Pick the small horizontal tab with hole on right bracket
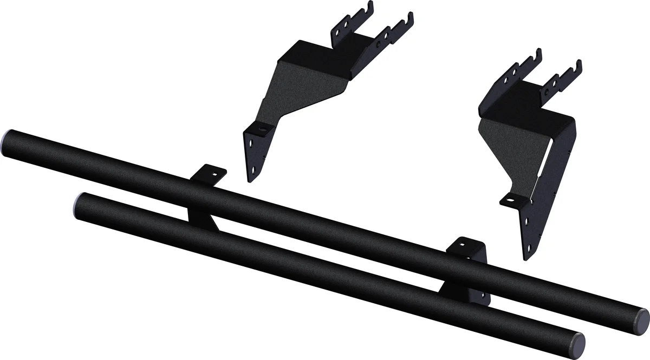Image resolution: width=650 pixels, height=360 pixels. (x=511, y=199)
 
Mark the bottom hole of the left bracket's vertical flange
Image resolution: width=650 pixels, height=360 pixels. (x=251, y=173)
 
